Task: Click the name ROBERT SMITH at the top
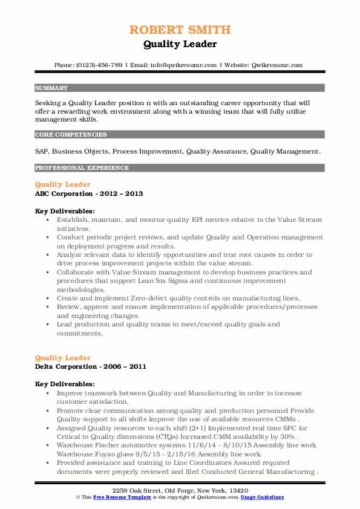180,30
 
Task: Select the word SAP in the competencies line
42,151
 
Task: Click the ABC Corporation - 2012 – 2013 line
90,194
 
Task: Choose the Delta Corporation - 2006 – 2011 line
91,366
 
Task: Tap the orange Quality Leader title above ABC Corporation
63,184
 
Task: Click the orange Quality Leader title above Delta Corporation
63,357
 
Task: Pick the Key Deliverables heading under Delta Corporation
65,384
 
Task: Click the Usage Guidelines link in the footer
263,497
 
